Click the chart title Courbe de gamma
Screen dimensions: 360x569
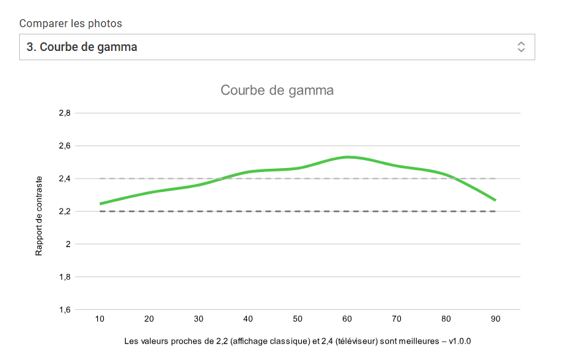[x=277, y=90]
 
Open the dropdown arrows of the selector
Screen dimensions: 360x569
[x=521, y=47]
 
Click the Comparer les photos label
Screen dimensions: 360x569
[x=71, y=23]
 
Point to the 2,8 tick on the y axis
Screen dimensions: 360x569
[x=64, y=113]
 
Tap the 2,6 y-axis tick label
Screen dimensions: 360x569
[x=64, y=146]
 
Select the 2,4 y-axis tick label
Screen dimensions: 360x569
[x=64, y=179]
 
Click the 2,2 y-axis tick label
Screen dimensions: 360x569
[x=64, y=211]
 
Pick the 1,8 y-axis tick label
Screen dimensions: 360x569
[x=64, y=277]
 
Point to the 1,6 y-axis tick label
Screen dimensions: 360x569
[x=64, y=310]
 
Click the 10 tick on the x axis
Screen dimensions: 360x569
[x=100, y=319]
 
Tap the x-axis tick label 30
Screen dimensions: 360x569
[x=198, y=319]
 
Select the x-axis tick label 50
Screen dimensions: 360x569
[x=298, y=319]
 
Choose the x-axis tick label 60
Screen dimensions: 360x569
[x=347, y=319]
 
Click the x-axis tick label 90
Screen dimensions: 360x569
[x=495, y=319]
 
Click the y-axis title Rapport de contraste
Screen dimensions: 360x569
[x=40, y=215]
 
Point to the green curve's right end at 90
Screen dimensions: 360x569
[x=494, y=200]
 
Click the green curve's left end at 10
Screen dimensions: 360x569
[x=101, y=204]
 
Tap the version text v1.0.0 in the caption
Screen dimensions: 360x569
[x=459, y=341]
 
